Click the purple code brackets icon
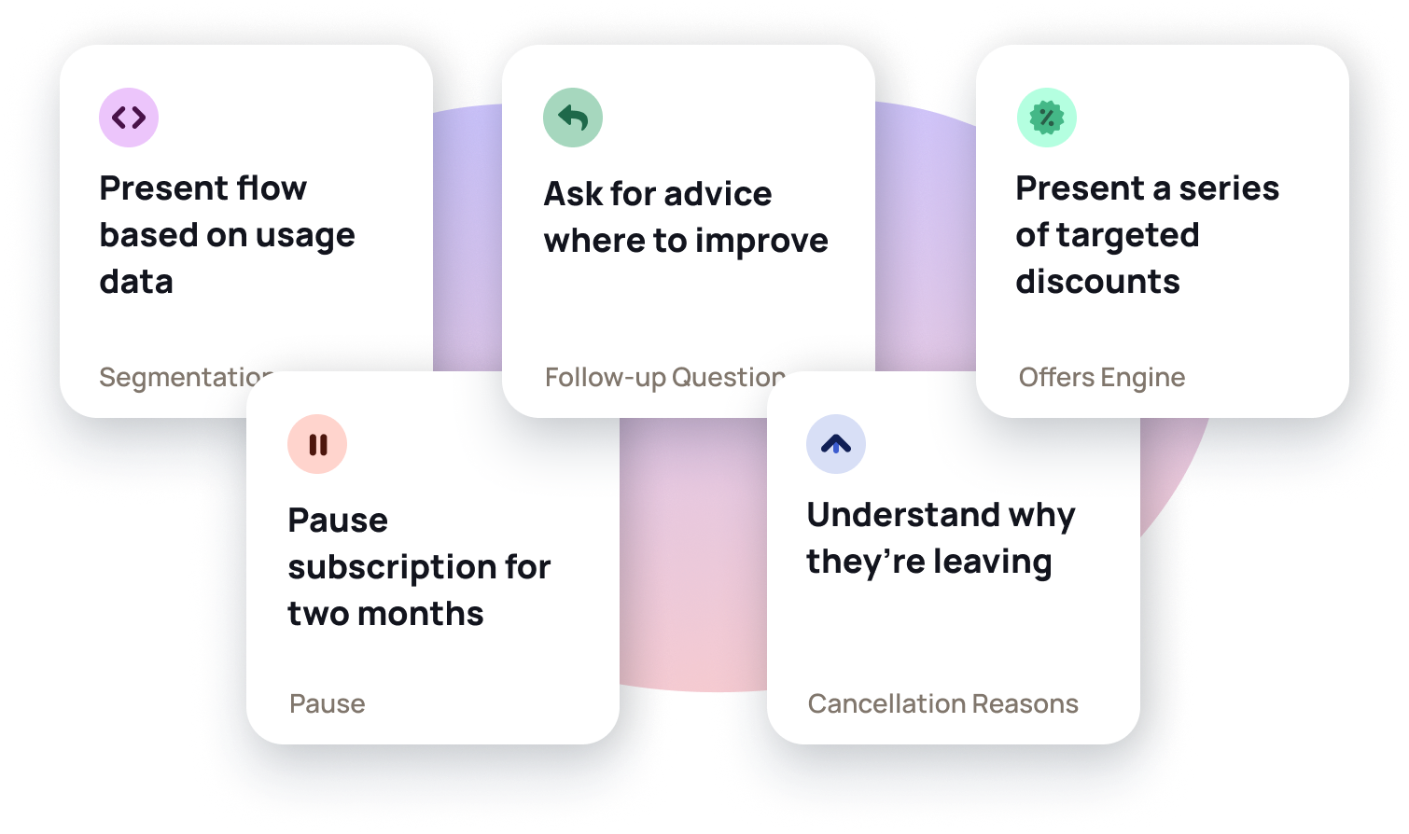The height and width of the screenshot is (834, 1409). coord(129,118)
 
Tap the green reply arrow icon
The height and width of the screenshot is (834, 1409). coord(572,118)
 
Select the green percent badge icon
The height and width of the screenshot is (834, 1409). coord(1047,118)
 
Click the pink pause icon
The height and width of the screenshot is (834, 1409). coord(317,444)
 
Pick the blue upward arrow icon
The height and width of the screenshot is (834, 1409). coord(836,444)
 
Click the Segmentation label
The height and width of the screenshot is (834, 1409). coord(187,378)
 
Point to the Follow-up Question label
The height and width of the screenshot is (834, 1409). coord(665,378)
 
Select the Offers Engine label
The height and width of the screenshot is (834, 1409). coord(1102,378)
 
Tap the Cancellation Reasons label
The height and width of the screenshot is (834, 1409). coord(942,703)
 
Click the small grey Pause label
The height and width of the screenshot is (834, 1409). coord(328,703)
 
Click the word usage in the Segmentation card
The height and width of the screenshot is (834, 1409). coord(305,237)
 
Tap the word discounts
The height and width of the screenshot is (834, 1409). coord(1097,281)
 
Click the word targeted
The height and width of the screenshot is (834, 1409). coord(1127,237)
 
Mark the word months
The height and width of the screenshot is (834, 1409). coord(420,614)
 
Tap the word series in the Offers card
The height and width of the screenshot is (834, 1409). coord(1229,188)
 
